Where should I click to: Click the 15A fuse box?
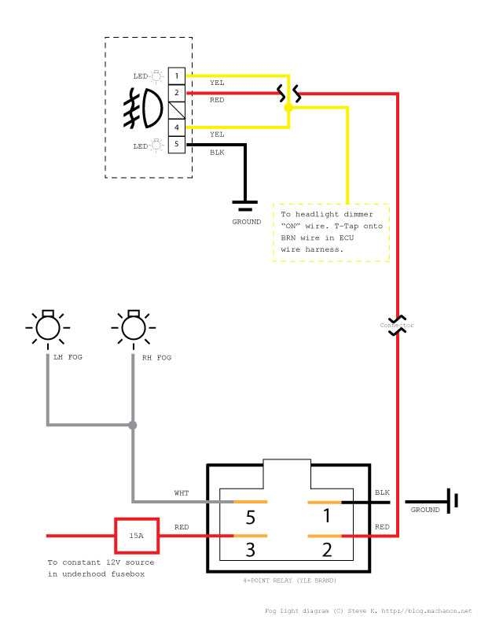pyautogui.click(x=137, y=536)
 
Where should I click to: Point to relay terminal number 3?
pyautogui.click(x=249, y=550)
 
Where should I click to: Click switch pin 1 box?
pyautogui.click(x=178, y=76)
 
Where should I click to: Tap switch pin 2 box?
pyautogui.click(x=178, y=93)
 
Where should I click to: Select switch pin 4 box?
pyautogui.click(x=178, y=127)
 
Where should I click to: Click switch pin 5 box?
pyautogui.click(x=178, y=144)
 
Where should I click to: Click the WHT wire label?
pyautogui.click(x=182, y=492)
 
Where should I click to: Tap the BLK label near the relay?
pyautogui.click(x=382, y=492)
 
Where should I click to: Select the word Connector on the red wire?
pyautogui.click(x=397, y=325)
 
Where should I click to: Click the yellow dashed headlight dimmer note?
pyautogui.click(x=331, y=232)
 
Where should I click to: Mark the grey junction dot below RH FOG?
pyautogui.click(x=132, y=426)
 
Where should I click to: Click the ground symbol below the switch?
pyautogui.click(x=245, y=206)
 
